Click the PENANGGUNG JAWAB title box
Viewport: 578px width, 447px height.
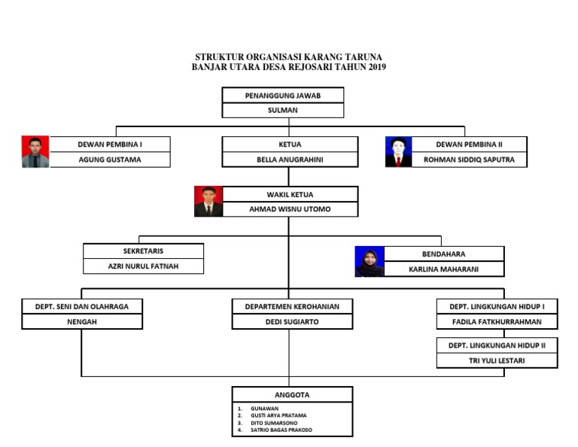282,96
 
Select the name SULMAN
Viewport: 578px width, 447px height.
282,110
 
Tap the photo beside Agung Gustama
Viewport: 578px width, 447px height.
35,151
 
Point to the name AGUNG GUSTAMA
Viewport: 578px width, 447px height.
110,160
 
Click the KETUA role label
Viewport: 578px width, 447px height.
290,144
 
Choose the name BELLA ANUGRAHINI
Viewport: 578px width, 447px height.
290,160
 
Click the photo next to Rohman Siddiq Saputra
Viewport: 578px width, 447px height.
399,151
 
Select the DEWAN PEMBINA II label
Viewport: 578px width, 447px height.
469,144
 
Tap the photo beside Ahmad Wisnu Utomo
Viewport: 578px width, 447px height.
208,201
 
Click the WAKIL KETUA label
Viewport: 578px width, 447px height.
290,194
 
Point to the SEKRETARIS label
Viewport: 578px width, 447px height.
143,251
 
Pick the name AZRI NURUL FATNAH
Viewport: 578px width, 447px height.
143,266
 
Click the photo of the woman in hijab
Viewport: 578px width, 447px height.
370,261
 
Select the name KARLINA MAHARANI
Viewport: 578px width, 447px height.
443,269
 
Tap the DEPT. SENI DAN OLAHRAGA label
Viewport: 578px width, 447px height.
81,306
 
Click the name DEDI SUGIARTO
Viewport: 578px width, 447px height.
292,321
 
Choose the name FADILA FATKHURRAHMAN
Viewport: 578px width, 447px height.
497,321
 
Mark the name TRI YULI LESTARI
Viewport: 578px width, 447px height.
497,360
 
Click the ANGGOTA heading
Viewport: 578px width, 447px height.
292,394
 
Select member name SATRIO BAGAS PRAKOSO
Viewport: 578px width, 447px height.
281,430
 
